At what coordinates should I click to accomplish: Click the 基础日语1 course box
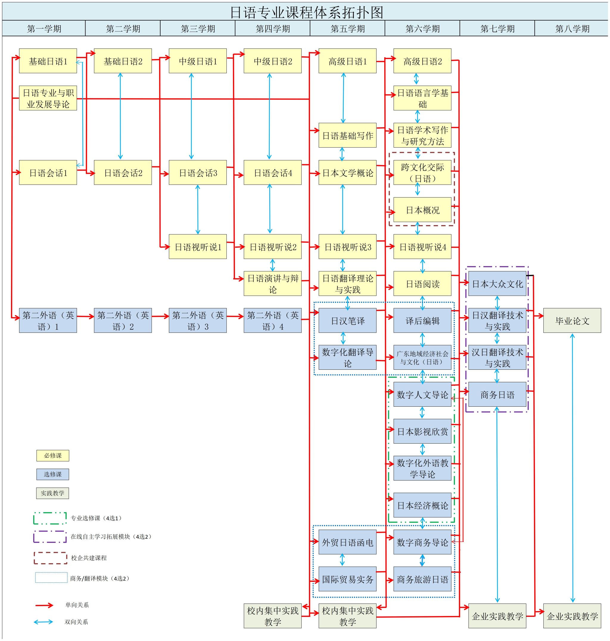click(x=48, y=61)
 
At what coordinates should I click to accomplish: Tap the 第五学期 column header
click(x=347, y=29)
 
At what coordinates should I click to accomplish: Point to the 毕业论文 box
click(x=572, y=321)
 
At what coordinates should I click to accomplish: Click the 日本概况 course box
click(x=422, y=210)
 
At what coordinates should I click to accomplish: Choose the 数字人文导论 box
click(x=422, y=394)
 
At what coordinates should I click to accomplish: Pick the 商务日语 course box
click(x=497, y=394)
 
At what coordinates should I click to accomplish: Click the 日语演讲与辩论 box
click(x=273, y=284)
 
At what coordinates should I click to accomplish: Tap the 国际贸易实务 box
click(x=347, y=579)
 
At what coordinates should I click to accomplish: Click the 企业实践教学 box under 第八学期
click(x=572, y=616)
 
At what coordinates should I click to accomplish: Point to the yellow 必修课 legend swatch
click(x=53, y=456)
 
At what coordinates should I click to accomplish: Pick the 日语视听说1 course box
click(x=197, y=247)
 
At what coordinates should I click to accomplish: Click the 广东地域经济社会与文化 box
click(x=422, y=357)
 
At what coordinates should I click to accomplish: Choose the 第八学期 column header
click(x=572, y=29)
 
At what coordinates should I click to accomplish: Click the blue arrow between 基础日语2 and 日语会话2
click(x=120, y=116)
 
